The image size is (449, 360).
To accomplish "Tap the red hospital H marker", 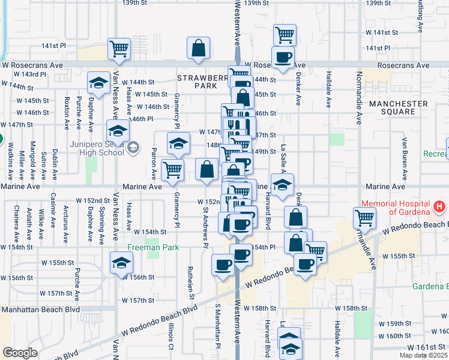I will pyautogui.click(x=439, y=207).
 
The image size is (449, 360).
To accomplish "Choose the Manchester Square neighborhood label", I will pyautogui.click(x=399, y=107).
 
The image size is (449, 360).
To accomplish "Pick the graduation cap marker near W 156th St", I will pyautogui.click(x=122, y=262).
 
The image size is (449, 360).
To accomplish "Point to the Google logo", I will pyautogui.click(x=20, y=353).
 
